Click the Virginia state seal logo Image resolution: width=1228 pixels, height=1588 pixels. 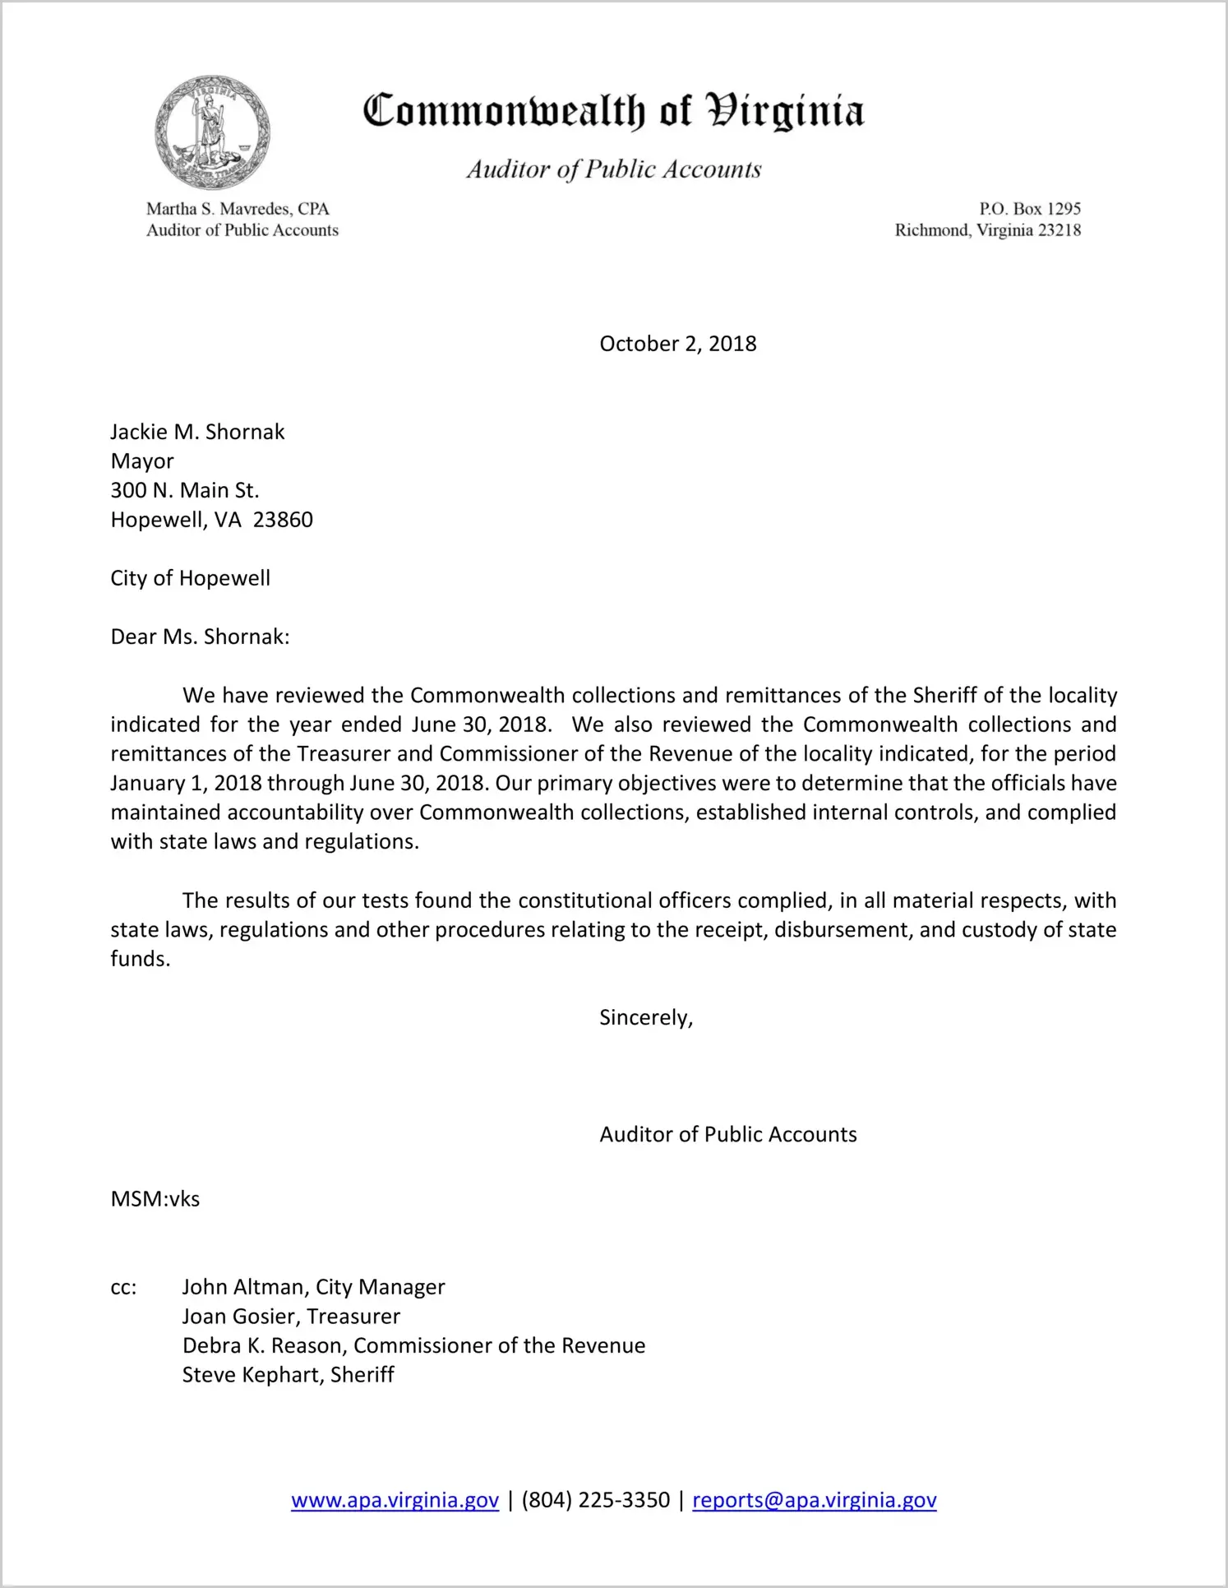tap(212, 132)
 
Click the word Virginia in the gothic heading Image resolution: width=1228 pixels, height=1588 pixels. tap(786, 112)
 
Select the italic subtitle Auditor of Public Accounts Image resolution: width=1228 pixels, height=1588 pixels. tap(614, 169)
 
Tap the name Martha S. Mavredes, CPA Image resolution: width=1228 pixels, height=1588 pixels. tap(238, 209)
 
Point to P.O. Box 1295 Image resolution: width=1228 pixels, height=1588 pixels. tap(1029, 209)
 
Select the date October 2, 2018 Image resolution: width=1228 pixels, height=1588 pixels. tap(677, 344)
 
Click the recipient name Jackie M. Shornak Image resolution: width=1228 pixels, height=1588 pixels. tap(197, 432)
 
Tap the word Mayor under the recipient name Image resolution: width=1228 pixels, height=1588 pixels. tap(142, 461)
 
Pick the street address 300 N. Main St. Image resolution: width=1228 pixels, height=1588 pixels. tap(185, 491)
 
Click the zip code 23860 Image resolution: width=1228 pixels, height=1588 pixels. tap(283, 520)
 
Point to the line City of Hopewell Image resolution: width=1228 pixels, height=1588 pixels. tap(190, 578)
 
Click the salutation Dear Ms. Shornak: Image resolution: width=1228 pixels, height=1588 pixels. tap(200, 637)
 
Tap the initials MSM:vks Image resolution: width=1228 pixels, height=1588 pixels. tap(155, 1199)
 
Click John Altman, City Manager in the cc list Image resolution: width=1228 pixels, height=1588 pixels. tap(313, 1287)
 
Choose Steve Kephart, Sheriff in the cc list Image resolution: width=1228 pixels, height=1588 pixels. tap(288, 1375)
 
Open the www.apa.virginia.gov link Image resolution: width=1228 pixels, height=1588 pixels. tap(395, 1500)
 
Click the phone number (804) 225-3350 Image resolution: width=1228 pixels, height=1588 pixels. tap(595, 1500)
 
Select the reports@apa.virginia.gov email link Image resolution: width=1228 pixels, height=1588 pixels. tap(814, 1500)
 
